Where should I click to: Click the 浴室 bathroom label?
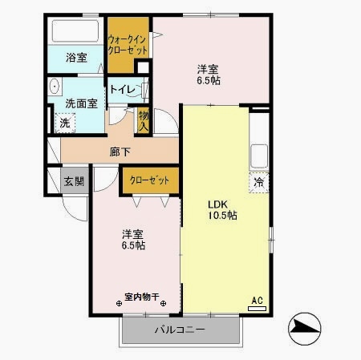pyautogui.click(x=77, y=58)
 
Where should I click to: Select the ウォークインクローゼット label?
pyautogui.click(x=128, y=45)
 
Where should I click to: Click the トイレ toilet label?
pyautogui.click(x=121, y=90)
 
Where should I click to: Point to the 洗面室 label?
pyautogui.click(x=81, y=103)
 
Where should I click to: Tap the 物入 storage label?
pyautogui.click(x=144, y=120)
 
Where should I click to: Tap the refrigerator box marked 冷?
pyautogui.click(x=258, y=182)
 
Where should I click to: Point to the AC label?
pyautogui.click(x=258, y=300)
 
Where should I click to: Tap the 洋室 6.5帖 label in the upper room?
pyautogui.click(x=209, y=75)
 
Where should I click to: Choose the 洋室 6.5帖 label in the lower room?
pyautogui.click(x=133, y=240)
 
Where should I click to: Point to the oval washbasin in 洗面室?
pyautogui.click(x=55, y=87)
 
